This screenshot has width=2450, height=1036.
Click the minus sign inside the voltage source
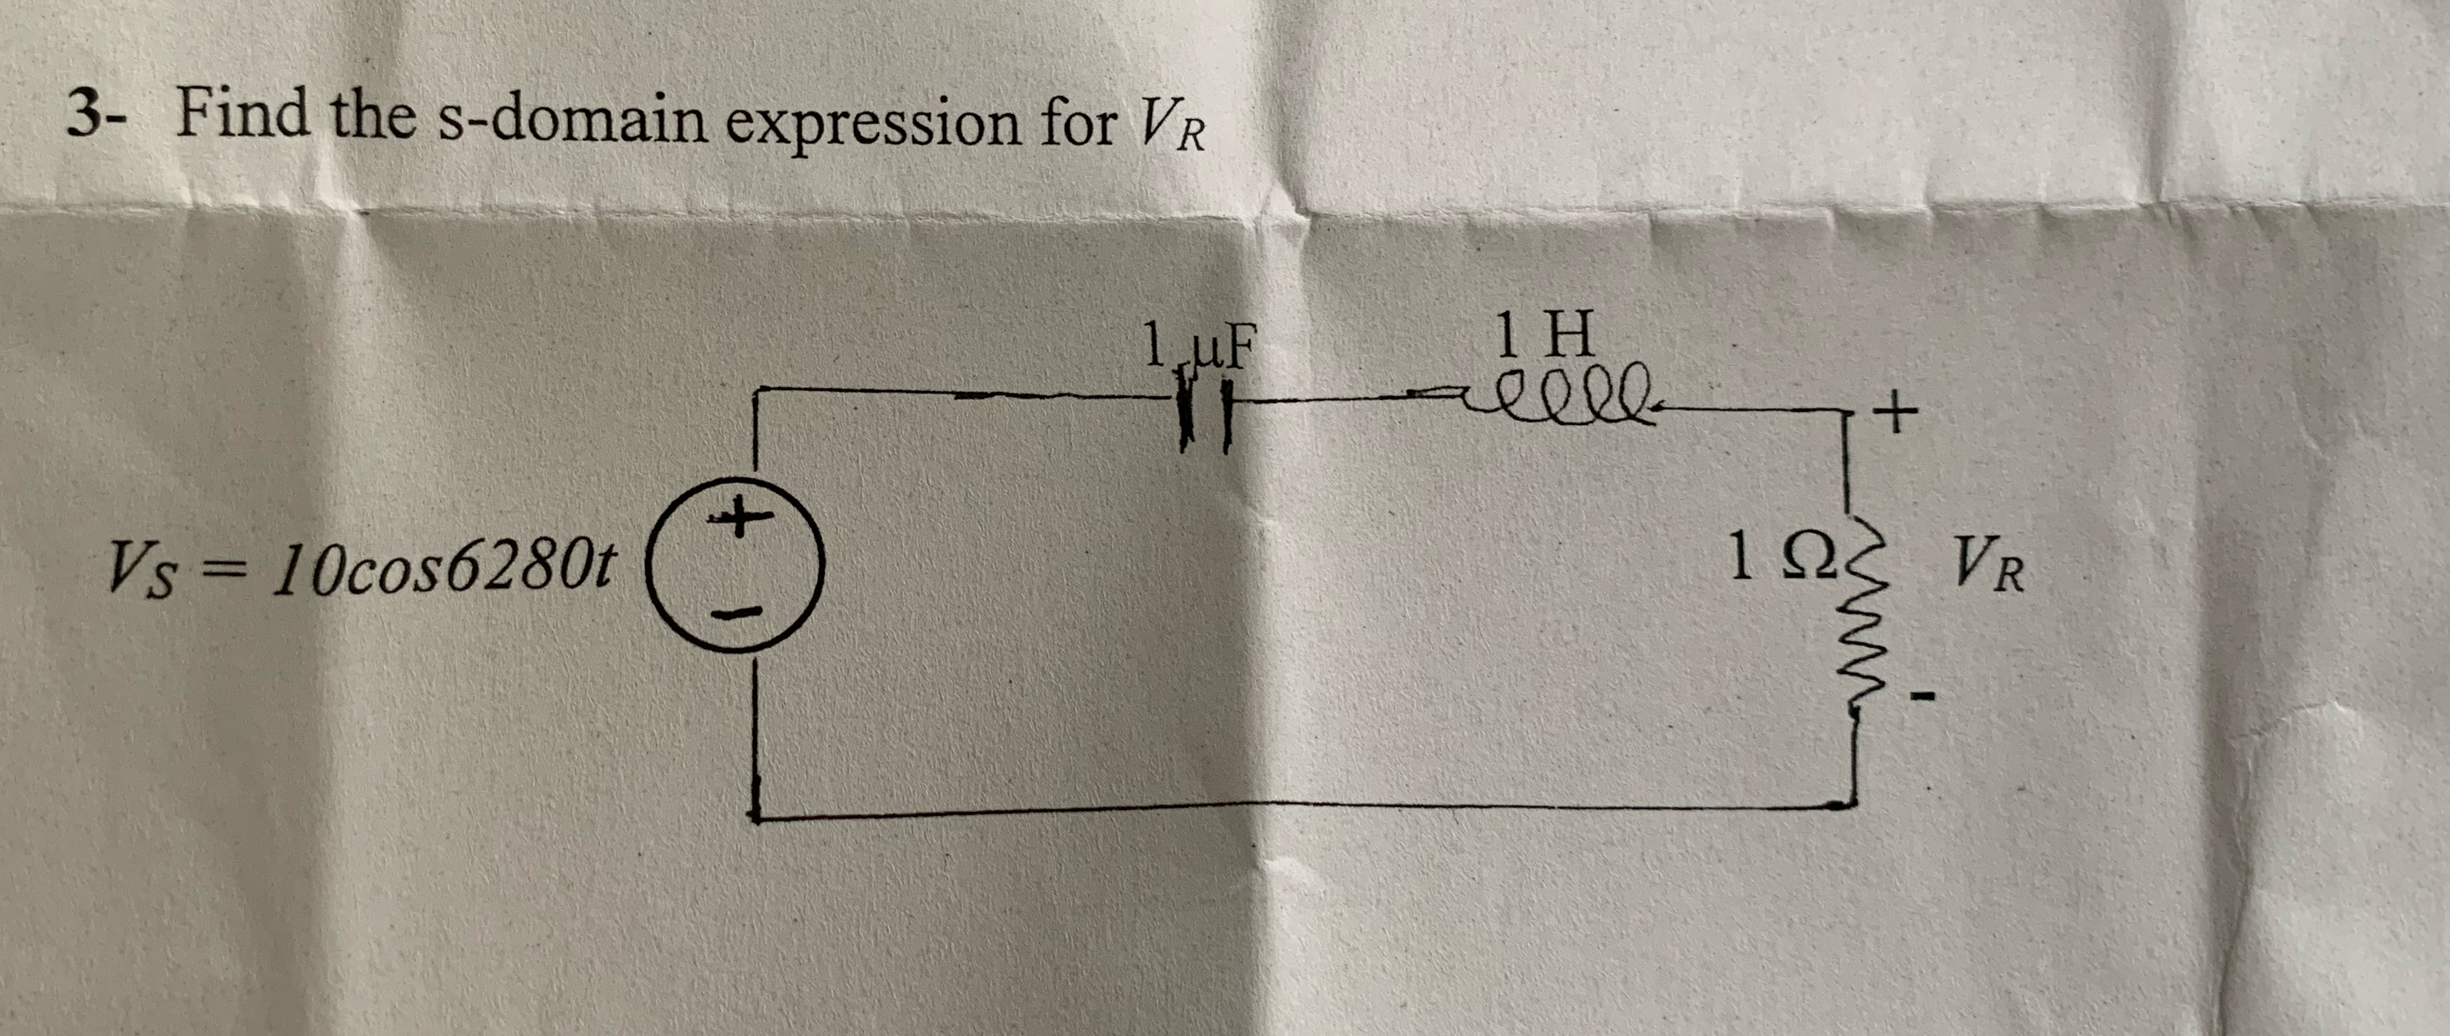(x=735, y=615)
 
